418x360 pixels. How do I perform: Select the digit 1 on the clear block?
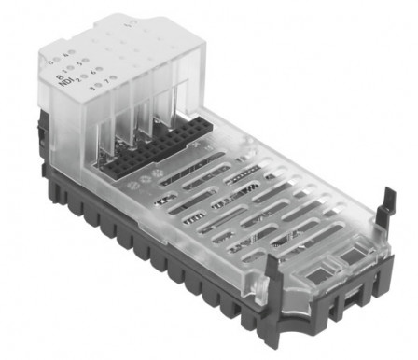coord(65,70)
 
